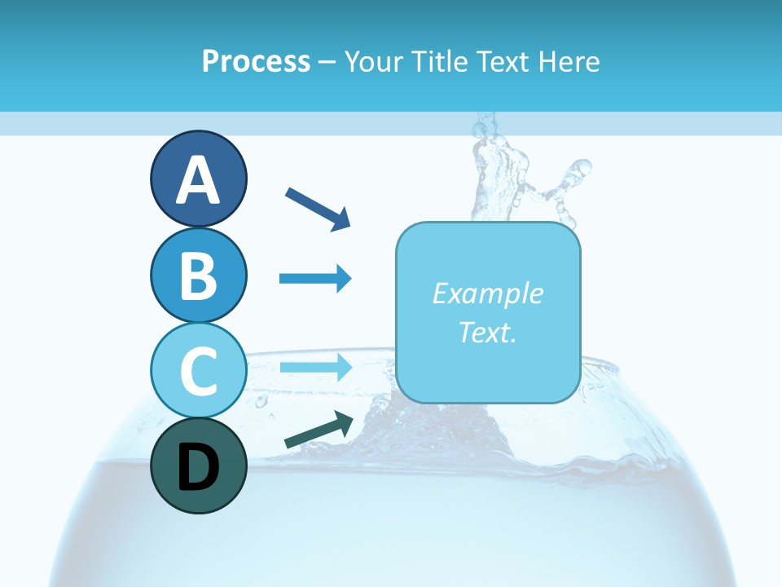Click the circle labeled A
click(198, 179)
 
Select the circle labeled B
click(198, 275)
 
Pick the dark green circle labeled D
click(198, 466)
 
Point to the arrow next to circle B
click(315, 279)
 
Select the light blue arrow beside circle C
click(315, 367)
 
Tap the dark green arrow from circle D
click(319, 430)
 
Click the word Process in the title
click(256, 62)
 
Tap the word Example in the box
click(488, 293)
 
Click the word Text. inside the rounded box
click(488, 332)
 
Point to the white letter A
click(198, 180)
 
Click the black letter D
click(198, 468)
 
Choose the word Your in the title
click(375, 62)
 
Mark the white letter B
click(198, 276)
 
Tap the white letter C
click(198, 371)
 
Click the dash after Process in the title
click(327, 63)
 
